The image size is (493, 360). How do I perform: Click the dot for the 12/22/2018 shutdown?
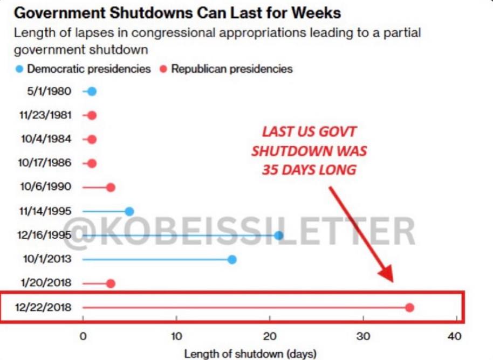[x=409, y=308]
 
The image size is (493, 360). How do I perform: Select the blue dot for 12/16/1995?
[x=278, y=236]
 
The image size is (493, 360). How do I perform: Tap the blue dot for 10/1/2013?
[x=232, y=260]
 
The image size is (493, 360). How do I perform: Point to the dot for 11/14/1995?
[x=129, y=212]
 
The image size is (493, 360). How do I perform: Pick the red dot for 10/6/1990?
[x=111, y=188]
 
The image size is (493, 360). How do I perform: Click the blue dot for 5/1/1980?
[x=92, y=92]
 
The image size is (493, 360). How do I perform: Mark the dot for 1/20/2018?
[x=111, y=283]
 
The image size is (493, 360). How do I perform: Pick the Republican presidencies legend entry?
[x=227, y=69]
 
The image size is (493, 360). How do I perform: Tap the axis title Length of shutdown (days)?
[x=250, y=354]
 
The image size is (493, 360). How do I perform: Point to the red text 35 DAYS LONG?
[x=309, y=169]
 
